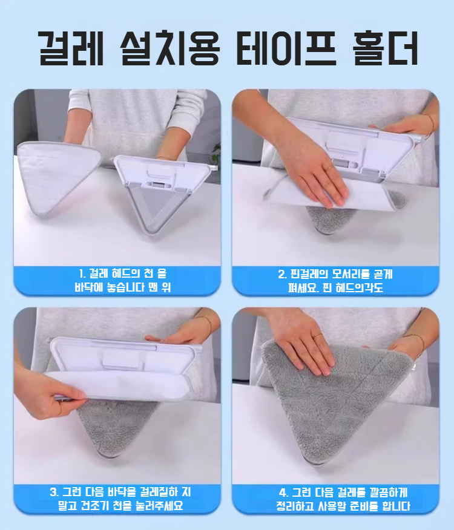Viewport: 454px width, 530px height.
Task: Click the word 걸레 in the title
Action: point(71,48)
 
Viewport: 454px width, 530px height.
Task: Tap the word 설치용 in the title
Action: point(169,48)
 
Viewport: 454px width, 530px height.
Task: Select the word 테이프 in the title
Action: point(286,48)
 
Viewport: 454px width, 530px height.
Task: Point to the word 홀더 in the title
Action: point(385,48)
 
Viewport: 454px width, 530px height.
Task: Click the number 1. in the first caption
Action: point(82,273)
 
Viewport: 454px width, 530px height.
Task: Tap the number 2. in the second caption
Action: point(283,274)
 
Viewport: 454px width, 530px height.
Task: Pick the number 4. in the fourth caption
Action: point(283,492)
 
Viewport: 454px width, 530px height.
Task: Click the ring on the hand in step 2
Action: point(329,168)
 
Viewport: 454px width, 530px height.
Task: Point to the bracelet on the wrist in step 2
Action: point(429,123)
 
